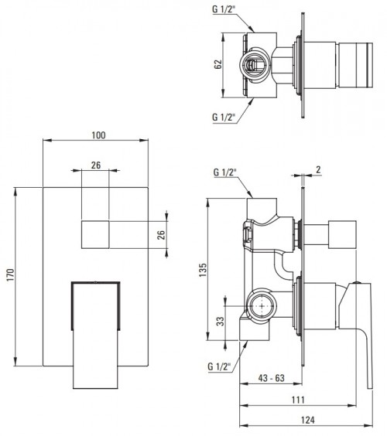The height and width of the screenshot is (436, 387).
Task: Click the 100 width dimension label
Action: click(x=99, y=135)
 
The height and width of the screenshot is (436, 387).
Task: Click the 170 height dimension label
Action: click(x=10, y=275)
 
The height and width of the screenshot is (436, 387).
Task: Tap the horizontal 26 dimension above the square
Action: click(x=96, y=165)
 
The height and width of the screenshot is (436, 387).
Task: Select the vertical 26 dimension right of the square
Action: click(x=161, y=235)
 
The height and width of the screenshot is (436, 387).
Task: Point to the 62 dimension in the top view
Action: click(x=218, y=64)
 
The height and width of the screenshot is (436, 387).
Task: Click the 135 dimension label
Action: click(x=203, y=270)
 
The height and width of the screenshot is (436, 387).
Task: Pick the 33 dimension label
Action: click(x=221, y=322)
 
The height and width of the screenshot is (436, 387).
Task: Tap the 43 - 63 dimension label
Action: click(x=272, y=378)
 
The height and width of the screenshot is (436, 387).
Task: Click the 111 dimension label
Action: click(x=298, y=400)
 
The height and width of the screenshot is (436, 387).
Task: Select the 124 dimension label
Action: click(x=308, y=420)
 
